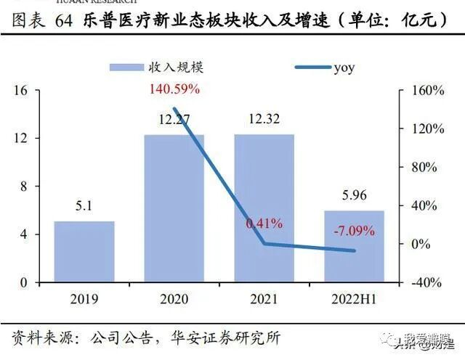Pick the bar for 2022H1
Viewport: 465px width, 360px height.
tap(354, 246)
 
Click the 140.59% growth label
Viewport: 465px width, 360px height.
tap(174, 90)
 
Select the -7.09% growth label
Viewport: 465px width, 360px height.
tap(355, 232)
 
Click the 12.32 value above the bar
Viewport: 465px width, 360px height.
tap(264, 119)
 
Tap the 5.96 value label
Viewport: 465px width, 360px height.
tap(354, 195)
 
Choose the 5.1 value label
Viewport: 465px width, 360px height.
tap(84, 206)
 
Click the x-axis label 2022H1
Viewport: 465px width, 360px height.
tap(354, 299)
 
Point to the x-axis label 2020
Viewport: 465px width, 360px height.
tap(174, 299)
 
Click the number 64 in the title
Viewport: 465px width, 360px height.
tap(62, 20)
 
